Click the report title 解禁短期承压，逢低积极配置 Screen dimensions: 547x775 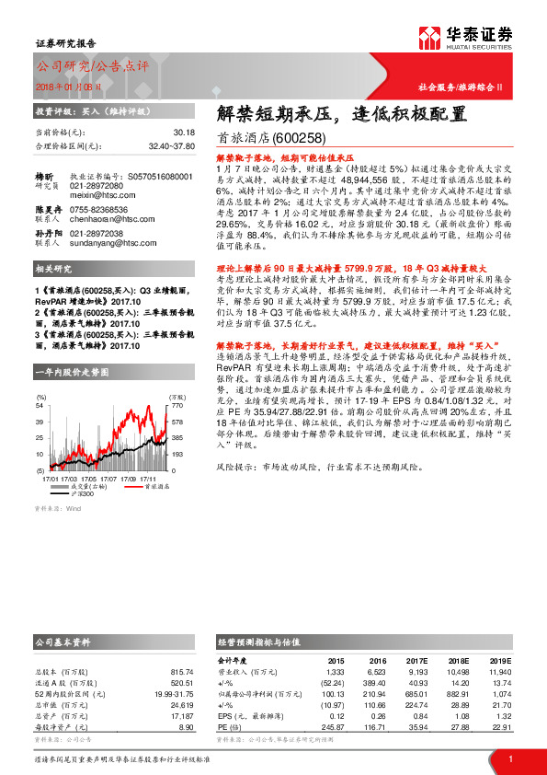[341, 115]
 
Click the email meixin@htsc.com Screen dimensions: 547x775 [96, 195]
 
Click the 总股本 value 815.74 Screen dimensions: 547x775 [182, 671]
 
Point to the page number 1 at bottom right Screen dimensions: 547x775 [510, 758]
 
